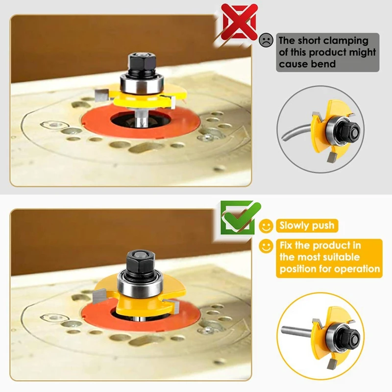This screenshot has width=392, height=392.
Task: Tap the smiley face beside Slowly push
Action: [x=266, y=226]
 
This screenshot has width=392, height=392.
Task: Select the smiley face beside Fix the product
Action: [x=266, y=246]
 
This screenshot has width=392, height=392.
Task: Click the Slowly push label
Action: [x=306, y=226]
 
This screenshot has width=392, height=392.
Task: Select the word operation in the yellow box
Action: [x=357, y=269]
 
